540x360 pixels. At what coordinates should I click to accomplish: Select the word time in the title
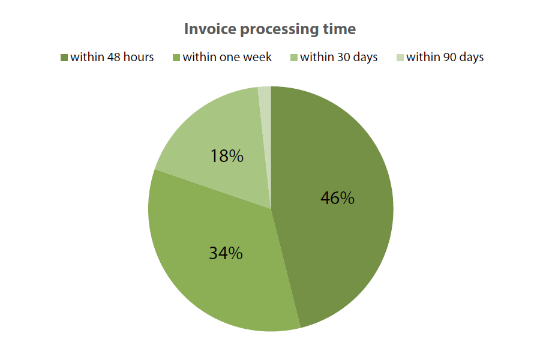(x=339, y=29)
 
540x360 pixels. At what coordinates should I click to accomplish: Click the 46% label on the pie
(x=337, y=198)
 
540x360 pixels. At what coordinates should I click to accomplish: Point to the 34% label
(x=226, y=253)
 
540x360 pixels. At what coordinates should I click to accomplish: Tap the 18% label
(x=227, y=156)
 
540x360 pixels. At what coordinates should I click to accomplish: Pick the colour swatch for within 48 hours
(x=64, y=58)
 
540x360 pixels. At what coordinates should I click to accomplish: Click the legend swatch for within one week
(x=176, y=58)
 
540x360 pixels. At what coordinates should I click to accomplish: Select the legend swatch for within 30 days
(x=294, y=58)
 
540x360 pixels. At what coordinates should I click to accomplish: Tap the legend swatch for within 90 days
(x=400, y=58)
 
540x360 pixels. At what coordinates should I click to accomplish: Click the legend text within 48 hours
(x=112, y=57)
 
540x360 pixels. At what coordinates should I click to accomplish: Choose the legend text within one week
(x=227, y=57)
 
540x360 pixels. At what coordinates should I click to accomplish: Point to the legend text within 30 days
(x=339, y=58)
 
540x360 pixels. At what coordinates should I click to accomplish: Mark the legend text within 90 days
(x=445, y=58)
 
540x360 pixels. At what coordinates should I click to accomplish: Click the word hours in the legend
(x=139, y=57)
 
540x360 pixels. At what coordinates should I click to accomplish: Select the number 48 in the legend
(x=113, y=57)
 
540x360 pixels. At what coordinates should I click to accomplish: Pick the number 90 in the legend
(x=450, y=57)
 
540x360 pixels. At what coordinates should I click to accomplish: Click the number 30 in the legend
(x=344, y=57)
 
